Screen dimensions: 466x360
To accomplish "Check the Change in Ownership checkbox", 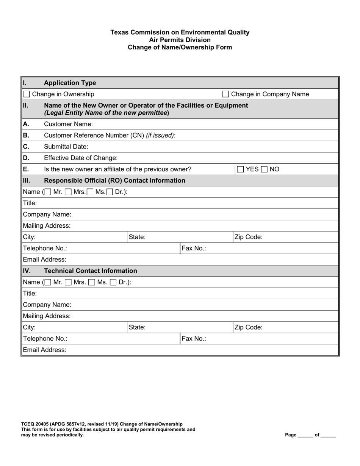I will point(27,94).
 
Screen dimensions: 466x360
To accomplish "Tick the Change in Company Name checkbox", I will point(225,94).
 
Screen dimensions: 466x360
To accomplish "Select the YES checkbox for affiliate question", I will point(240,169).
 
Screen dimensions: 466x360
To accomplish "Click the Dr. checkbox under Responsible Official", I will point(110,192).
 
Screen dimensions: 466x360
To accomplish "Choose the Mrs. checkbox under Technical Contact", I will point(69,282).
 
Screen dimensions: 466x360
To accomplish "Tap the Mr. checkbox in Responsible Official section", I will point(48,192).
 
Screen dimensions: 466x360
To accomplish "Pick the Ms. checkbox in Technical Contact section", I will point(92,282).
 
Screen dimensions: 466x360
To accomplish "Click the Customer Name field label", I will point(68,124).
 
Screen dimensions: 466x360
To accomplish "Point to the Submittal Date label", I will point(66,147).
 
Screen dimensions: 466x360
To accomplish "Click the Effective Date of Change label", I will point(81,158).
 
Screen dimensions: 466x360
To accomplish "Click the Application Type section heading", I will point(70,83).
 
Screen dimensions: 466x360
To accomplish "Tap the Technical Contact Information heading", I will point(91,271).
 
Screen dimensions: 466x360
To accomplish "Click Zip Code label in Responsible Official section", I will point(249,238).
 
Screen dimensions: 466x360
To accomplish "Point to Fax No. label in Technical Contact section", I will point(194,339).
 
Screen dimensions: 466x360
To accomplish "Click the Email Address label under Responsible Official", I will point(45,260).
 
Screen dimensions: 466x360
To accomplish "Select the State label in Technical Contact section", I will point(137,327).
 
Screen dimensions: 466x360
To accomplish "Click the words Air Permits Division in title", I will point(180,40).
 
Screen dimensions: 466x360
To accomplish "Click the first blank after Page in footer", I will point(305,435).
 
